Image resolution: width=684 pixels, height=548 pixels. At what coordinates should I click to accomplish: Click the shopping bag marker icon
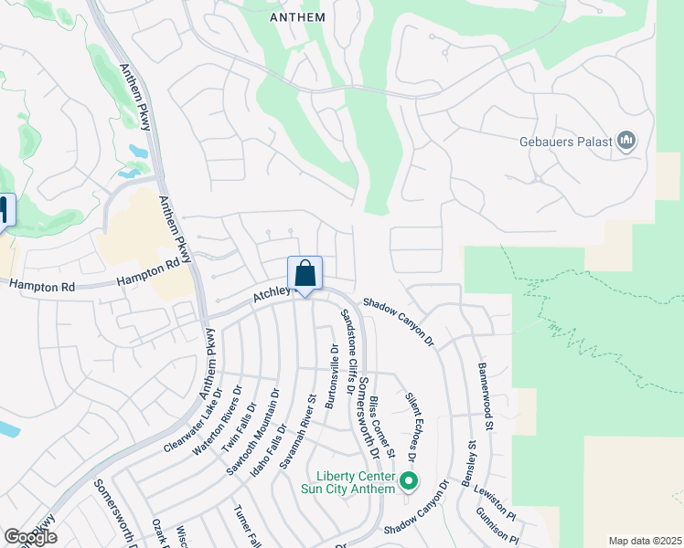pos(305,273)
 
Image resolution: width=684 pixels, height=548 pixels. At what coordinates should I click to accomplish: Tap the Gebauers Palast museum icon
pos(626,140)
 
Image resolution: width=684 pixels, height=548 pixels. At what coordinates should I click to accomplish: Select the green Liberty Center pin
pos(409,479)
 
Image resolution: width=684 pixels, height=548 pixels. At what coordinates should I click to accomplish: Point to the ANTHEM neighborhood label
pos(298,16)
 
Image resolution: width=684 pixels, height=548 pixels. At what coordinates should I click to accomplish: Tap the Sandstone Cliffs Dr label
pos(347,351)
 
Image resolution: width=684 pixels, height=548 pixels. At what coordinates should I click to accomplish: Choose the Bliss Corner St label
pos(383,427)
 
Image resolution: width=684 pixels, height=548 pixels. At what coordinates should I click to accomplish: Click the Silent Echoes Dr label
pos(412,427)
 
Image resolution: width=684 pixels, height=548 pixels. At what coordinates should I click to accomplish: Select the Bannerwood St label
pos(486,395)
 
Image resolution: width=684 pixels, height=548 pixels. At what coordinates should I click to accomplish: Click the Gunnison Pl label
pos(497,524)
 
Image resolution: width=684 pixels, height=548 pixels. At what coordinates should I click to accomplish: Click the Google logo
pos(30,537)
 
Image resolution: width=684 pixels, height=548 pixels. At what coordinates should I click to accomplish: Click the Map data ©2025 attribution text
pos(645,541)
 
